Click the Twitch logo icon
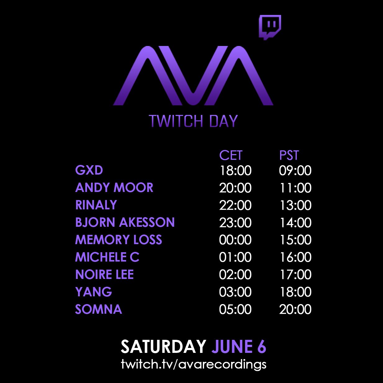(x=270, y=27)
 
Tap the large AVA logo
(x=193, y=75)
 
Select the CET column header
(x=231, y=155)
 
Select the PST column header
(x=289, y=155)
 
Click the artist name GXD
(x=89, y=170)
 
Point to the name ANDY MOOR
(x=114, y=187)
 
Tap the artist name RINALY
(x=96, y=205)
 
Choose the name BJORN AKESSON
(x=125, y=222)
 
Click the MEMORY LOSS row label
(x=119, y=239)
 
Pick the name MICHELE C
(x=107, y=257)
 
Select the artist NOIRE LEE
(x=105, y=274)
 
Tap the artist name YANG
(x=93, y=292)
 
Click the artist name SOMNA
(x=98, y=309)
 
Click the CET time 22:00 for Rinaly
(x=235, y=205)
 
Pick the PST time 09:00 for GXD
(x=295, y=171)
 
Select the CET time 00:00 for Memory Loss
(x=235, y=240)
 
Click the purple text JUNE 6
(x=239, y=347)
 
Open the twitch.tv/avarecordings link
(x=194, y=364)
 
